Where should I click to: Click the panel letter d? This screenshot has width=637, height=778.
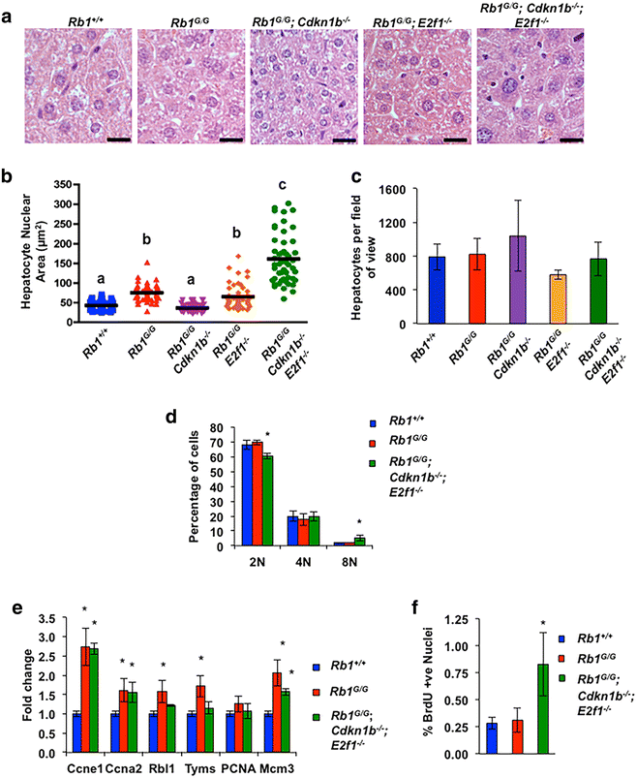[x=170, y=420]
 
